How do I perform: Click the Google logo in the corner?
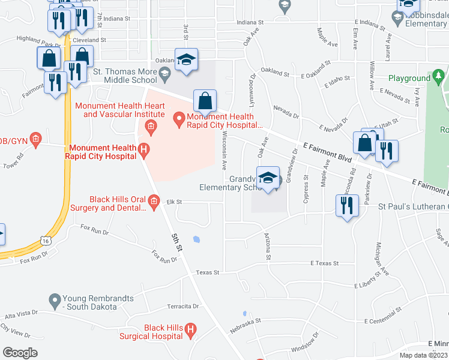20,353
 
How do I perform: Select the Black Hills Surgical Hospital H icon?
190,329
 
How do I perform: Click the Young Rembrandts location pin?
55,299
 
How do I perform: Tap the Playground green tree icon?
439,77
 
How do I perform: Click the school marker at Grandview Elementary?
268,178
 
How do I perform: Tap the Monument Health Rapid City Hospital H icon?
143,149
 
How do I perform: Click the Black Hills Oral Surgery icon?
154,200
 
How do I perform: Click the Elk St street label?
173,202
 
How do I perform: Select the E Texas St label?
324,263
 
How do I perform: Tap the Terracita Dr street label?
183,306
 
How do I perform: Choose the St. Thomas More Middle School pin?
167,73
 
